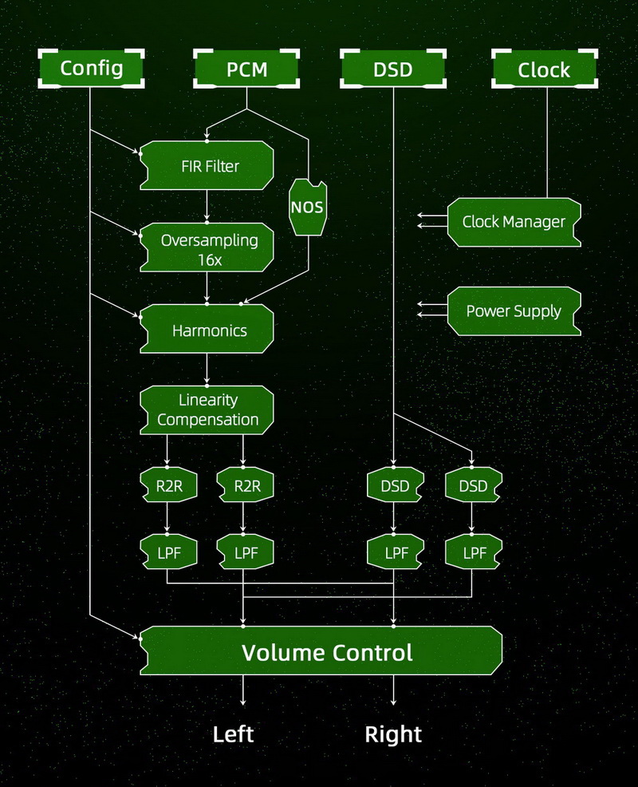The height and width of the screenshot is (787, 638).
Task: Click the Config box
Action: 92,69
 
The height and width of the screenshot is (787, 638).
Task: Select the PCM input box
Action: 246,69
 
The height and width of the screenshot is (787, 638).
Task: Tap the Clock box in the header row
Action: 544,69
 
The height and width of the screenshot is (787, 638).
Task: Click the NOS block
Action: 307,208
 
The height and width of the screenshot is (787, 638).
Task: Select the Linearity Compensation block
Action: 207,409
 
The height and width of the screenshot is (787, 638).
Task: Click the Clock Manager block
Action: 514,221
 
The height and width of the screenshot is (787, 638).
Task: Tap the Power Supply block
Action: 514,310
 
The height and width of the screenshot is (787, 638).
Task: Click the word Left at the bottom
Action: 233,734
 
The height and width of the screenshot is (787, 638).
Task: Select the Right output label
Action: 393,734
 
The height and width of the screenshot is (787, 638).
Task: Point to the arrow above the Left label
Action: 243,690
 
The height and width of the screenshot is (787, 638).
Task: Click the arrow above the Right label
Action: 393,690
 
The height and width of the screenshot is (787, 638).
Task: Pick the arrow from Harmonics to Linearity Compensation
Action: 207,370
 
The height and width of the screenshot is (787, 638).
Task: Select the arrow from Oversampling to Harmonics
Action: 207,287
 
